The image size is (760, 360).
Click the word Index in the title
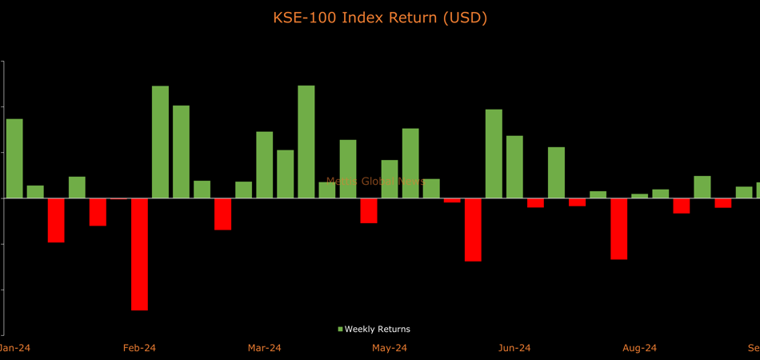tap(365, 17)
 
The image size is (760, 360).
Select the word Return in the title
tap(414, 17)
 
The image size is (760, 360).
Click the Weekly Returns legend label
tap(377, 329)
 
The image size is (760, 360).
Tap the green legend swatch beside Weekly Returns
tap(340, 329)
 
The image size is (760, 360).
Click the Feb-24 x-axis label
tap(139, 348)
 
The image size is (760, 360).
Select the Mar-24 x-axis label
tap(264, 348)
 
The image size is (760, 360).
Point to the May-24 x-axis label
tap(390, 348)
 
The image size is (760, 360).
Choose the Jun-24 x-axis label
tap(514, 348)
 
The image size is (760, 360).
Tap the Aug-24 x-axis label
tap(639, 348)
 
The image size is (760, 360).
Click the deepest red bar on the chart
tap(139, 254)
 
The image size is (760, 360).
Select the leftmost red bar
tap(56, 220)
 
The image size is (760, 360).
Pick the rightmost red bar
tap(723, 202)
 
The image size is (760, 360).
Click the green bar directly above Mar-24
tap(264, 164)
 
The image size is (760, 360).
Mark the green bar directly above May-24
tap(390, 178)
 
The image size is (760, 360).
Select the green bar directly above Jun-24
tap(514, 166)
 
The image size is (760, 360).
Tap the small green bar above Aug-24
tap(639, 196)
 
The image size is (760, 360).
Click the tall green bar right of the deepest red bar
tap(160, 142)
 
